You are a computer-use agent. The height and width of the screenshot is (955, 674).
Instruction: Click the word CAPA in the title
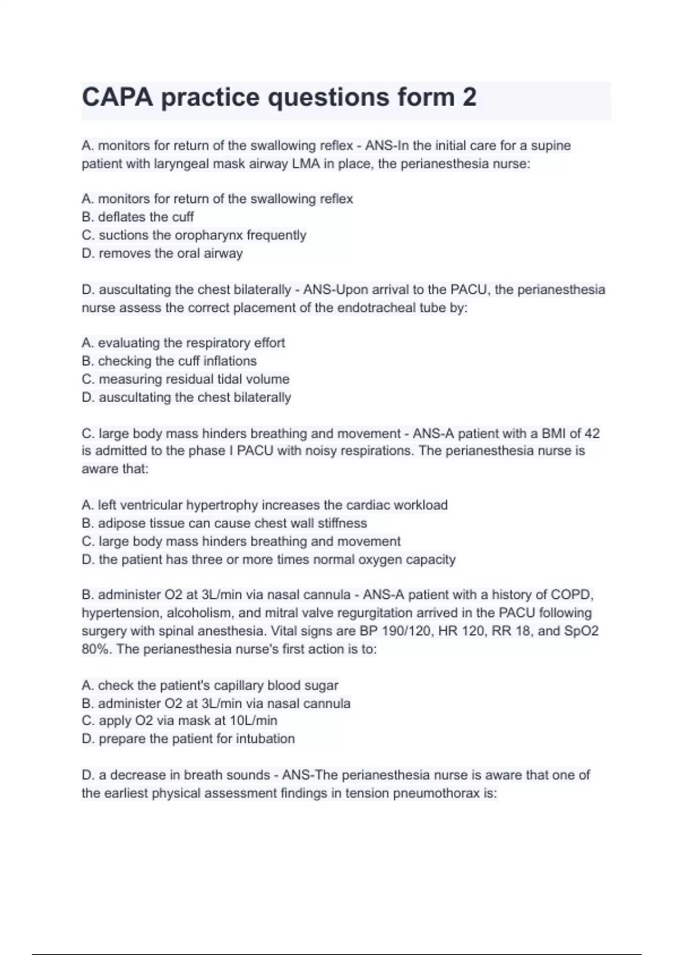[117, 97]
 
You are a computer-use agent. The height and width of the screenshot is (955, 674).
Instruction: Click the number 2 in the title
[470, 97]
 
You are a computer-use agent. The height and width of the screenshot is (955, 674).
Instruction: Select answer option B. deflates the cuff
[138, 217]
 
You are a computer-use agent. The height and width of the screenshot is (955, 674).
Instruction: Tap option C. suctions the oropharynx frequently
[194, 235]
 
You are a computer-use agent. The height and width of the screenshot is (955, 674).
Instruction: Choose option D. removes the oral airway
[162, 253]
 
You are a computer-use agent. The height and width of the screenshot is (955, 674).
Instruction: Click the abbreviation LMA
[306, 164]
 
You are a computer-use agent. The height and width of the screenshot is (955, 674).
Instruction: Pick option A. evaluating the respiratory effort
[183, 343]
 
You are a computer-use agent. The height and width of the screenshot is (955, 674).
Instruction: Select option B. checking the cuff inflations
[169, 361]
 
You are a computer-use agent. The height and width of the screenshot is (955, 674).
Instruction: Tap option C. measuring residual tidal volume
[185, 379]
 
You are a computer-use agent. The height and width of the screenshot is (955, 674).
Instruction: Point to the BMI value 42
[592, 434]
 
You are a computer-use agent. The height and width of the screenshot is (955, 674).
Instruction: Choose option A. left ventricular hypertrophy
[264, 505]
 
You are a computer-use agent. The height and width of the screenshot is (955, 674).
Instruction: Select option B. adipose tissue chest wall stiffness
[224, 523]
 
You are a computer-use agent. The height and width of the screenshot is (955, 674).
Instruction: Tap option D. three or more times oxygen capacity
[268, 560]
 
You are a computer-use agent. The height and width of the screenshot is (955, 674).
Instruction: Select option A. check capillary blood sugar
[210, 685]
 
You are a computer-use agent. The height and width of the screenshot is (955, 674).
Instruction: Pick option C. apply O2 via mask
[179, 721]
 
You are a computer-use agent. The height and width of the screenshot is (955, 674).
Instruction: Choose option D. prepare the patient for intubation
[188, 739]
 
